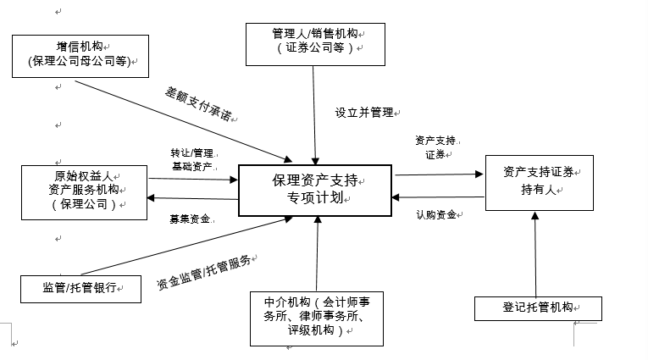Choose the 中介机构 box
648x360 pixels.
coord(316,318)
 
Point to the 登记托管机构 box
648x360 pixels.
coord(538,308)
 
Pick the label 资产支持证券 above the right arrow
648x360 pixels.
coord(435,147)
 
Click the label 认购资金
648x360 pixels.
coord(437,214)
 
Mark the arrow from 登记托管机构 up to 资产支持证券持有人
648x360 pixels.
coord(535,254)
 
